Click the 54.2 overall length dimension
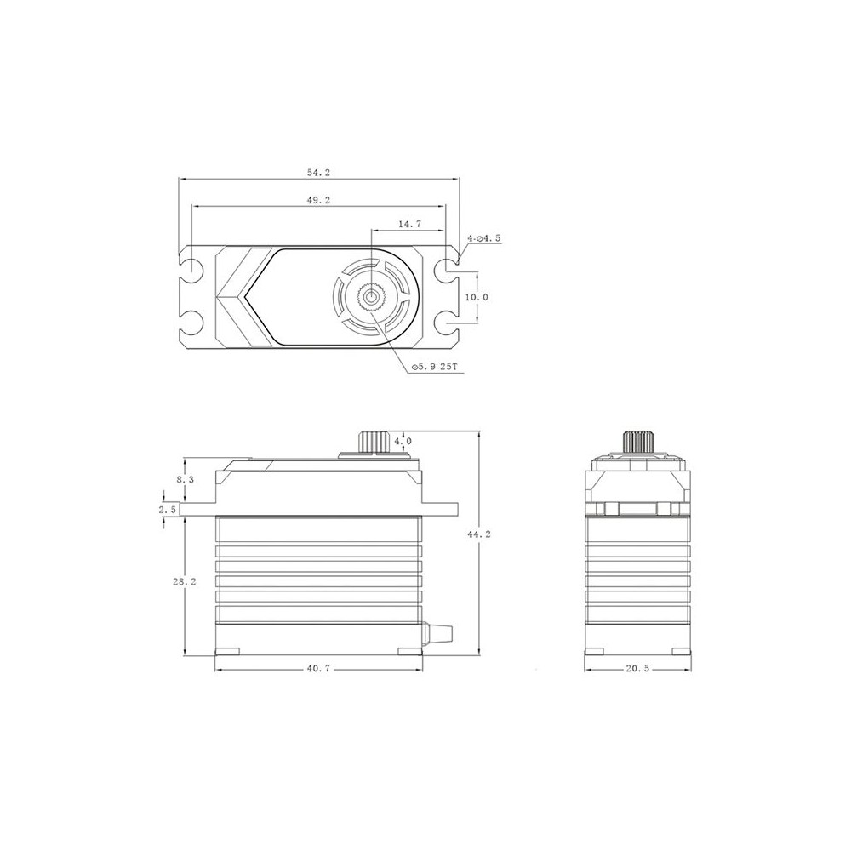(318, 173)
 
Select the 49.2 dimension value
(318, 200)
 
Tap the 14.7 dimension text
(410, 224)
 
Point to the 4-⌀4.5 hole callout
(483, 237)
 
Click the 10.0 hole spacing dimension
(477, 297)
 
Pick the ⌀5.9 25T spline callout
(435, 368)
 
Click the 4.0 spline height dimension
(403, 441)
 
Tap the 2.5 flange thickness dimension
(167, 510)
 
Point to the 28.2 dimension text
(185, 582)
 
